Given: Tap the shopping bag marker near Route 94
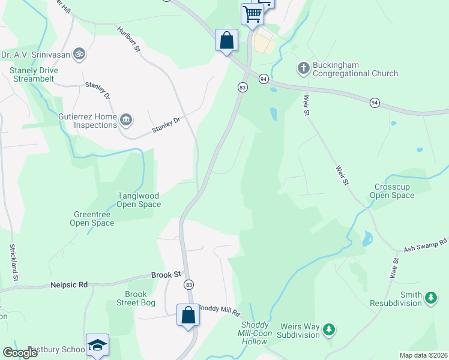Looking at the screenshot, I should [x=227, y=41].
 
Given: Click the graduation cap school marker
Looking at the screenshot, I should [x=97, y=345].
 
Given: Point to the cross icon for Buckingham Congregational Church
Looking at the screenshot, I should [x=303, y=68].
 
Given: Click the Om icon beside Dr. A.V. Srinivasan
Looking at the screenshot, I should [x=78, y=54].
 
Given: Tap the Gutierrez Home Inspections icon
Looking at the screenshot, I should [x=126, y=120].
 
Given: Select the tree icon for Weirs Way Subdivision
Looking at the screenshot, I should [x=328, y=329].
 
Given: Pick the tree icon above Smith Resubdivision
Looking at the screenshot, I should [x=430, y=296].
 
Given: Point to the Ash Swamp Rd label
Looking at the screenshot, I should [x=426, y=245].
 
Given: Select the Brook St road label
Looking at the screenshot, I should [x=166, y=274].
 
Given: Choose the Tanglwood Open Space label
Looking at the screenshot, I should [x=139, y=200].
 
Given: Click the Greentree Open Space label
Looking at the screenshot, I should [x=94, y=218].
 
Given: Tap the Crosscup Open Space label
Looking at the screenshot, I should [x=392, y=191].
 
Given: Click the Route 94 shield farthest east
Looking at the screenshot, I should [x=375, y=103].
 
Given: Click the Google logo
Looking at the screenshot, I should [x=20, y=353].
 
